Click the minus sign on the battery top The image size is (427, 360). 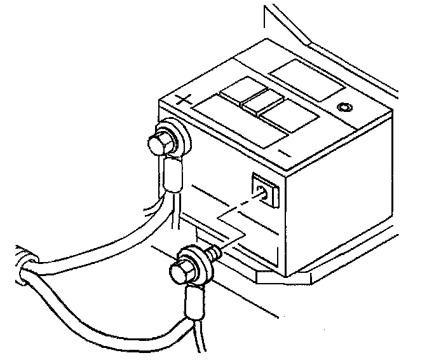(284, 153)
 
